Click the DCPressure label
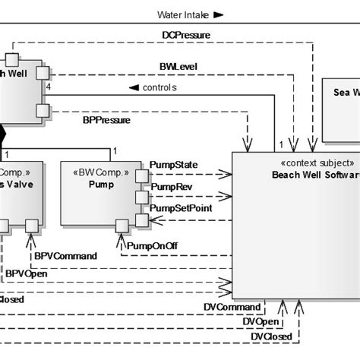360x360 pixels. tap(186, 35)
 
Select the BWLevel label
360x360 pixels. tap(178, 67)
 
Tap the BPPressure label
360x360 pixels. tap(106, 119)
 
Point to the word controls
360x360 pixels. tap(159, 87)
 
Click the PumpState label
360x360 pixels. tap(175, 164)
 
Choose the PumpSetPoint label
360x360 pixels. tap(180, 207)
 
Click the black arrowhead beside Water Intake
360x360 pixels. tap(218, 14)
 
